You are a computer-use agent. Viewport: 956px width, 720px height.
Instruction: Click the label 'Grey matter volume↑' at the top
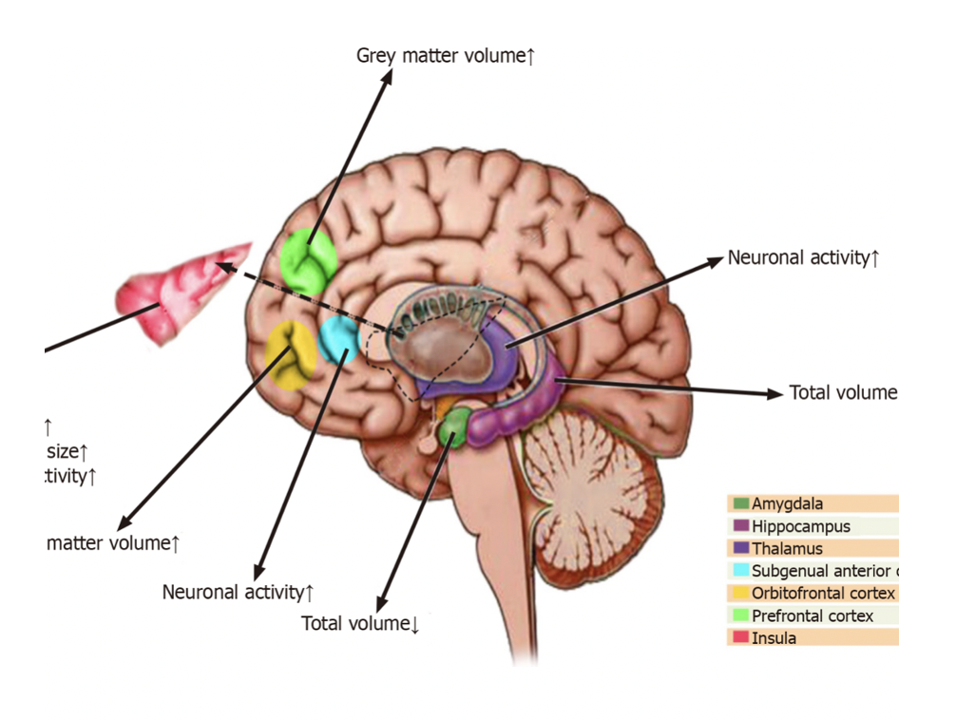pyautogui.click(x=446, y=56)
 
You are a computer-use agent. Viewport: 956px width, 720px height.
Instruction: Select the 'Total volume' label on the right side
pyautogui.click(x=843, y=393)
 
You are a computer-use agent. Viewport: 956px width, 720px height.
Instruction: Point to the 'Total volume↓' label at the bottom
pyautogui.click(x=360, y=624)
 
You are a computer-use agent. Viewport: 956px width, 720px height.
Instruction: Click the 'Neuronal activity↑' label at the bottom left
pyautogui.click(x=238, y=593)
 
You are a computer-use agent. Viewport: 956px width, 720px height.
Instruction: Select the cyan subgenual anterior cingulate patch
pyautogui.click(x=337, y=340)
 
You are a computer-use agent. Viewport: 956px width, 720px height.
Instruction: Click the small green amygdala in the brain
pyautogui.click(x=453, y=428)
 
